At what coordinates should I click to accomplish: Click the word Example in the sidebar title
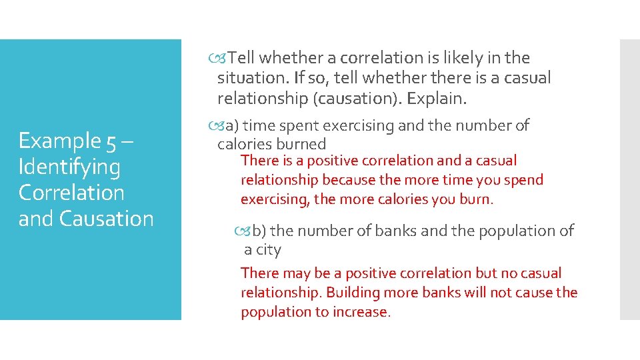click(x=59, y=141)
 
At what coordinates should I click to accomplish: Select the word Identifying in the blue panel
click(x=69, y=167)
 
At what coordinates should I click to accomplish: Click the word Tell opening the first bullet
click(x=246, y=58)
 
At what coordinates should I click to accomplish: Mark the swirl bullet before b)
click(x=243, y=231)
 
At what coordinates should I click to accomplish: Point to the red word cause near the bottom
click(x=533, y=293)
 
